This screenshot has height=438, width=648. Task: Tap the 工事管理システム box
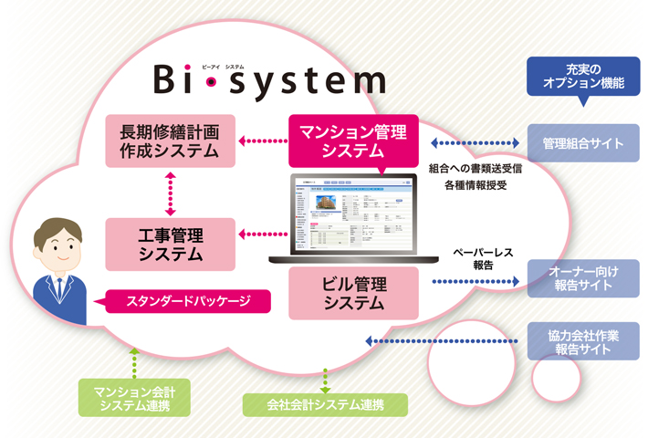pyautogui.click(x=172, y=244)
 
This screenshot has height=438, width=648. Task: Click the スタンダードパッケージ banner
pyautogui.click(x=188, y=299)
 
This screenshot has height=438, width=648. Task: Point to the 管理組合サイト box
pyautogui.click(x=583, y=143)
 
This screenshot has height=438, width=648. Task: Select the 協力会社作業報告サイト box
pyautogui.click(x=583, y=340)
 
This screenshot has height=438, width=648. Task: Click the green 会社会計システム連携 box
pyautogui.click(x=324, y=402)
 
